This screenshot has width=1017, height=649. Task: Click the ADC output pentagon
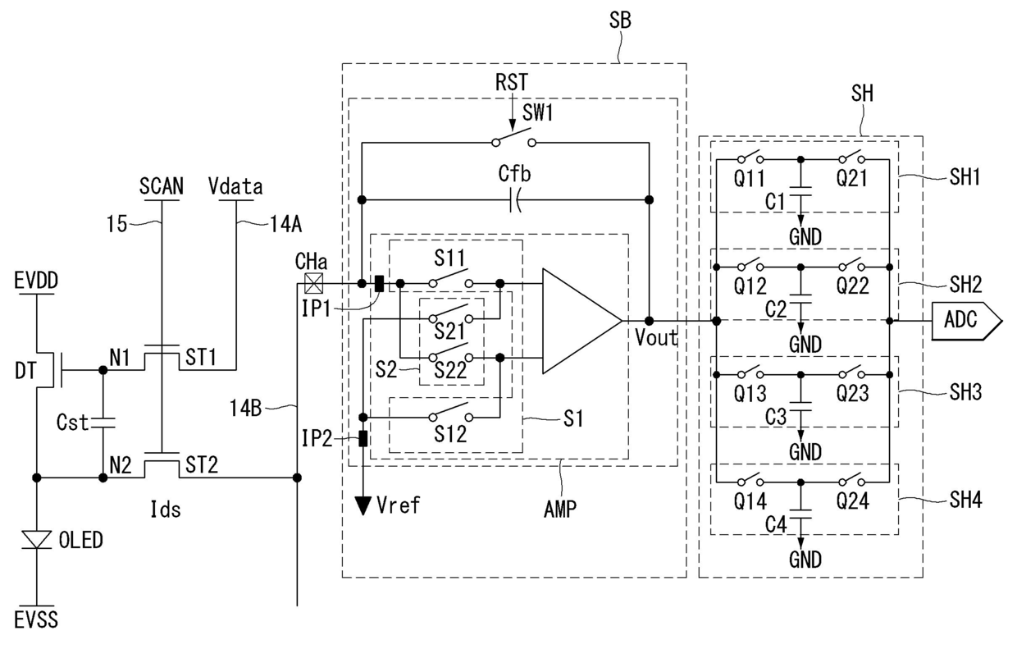967,321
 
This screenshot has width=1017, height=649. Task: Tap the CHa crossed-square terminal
314,283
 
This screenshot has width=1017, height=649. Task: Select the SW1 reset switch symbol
514,139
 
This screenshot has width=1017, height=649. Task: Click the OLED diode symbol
37,540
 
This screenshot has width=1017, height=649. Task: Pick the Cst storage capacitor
103,423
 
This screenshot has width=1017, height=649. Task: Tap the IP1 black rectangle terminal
380,283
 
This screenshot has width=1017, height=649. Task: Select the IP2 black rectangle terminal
363,438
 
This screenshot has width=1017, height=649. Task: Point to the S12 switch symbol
451,414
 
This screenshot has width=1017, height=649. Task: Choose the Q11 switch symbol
750,157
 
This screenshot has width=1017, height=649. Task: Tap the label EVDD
36,281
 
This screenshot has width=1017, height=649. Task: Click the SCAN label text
162,186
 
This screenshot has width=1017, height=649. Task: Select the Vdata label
235,186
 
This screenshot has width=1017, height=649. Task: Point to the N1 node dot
103,370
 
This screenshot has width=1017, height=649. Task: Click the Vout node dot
650,321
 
